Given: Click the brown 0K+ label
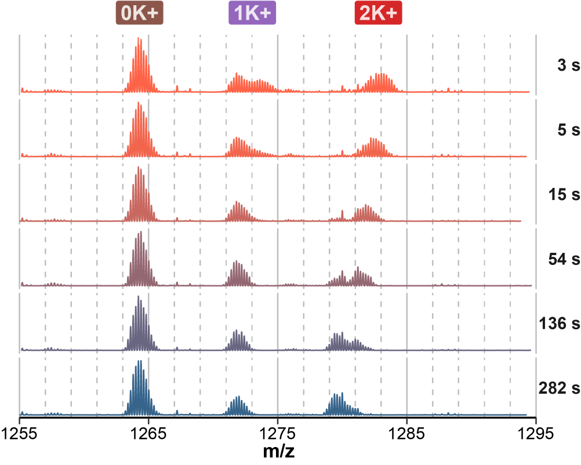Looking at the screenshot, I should click(x=140, y=14).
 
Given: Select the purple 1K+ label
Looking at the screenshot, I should click(x=252, y=14).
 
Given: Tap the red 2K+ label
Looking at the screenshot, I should click(x=378, y=14).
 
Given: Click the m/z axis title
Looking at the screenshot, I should click(x=278, y=450).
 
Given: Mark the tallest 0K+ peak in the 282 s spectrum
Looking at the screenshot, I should click(x=139, y=362).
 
